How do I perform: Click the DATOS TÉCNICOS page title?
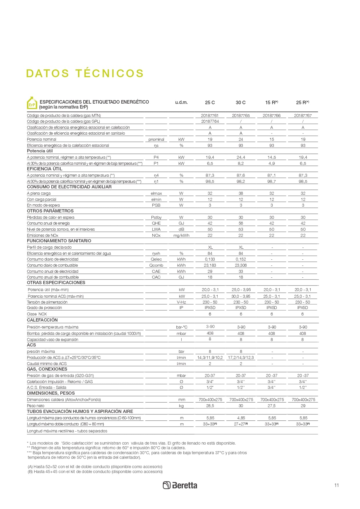[85, 73]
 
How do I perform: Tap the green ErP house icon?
[32, 103]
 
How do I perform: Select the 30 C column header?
[240, 102]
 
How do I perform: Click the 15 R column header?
[272, 102]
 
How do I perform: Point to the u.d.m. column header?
[181, 102]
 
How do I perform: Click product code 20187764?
[210, 121]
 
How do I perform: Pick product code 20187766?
[272, 115]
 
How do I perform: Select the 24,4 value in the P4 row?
[240, 157]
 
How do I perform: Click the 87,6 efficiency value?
[240, 175]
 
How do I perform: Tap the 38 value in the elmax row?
[240, 193]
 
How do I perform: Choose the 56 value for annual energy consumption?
[240, 223]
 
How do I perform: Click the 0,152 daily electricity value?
[240, 259]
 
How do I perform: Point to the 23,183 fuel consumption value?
[210, 265]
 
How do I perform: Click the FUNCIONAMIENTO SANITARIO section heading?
[59, 241]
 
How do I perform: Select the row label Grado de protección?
[44, 308]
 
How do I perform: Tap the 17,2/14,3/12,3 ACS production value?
[240, 358]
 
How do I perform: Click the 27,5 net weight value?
[272, 406]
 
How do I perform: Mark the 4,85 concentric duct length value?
[240, 418]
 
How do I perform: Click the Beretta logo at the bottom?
[180, 485]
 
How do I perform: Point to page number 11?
[337, 485]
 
